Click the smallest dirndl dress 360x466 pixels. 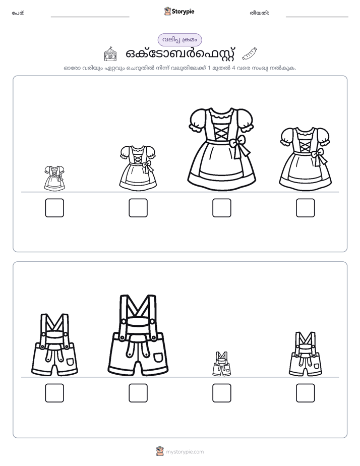tap(54, 179)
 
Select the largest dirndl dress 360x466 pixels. tap(221, 149)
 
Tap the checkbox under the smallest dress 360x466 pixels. tap(54, 208)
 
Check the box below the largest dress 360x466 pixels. tap(221, 208)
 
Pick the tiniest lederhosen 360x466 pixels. tap(221, 364)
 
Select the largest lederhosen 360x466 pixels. tap(138, 335)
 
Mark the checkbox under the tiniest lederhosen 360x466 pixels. tap(221, 393)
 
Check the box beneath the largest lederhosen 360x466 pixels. tap(138, 393)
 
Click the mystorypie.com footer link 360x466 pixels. tap(185, 452)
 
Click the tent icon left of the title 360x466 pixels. tap(110, 54)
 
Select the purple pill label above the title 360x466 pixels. tap(179, 40)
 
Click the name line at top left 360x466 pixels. tap(90, 17)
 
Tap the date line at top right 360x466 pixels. tap(317, 17)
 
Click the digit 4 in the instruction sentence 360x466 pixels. tap(233, 68)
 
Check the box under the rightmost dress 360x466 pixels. tap(306, 208)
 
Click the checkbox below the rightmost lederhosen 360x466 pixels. tap(306, 393)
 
